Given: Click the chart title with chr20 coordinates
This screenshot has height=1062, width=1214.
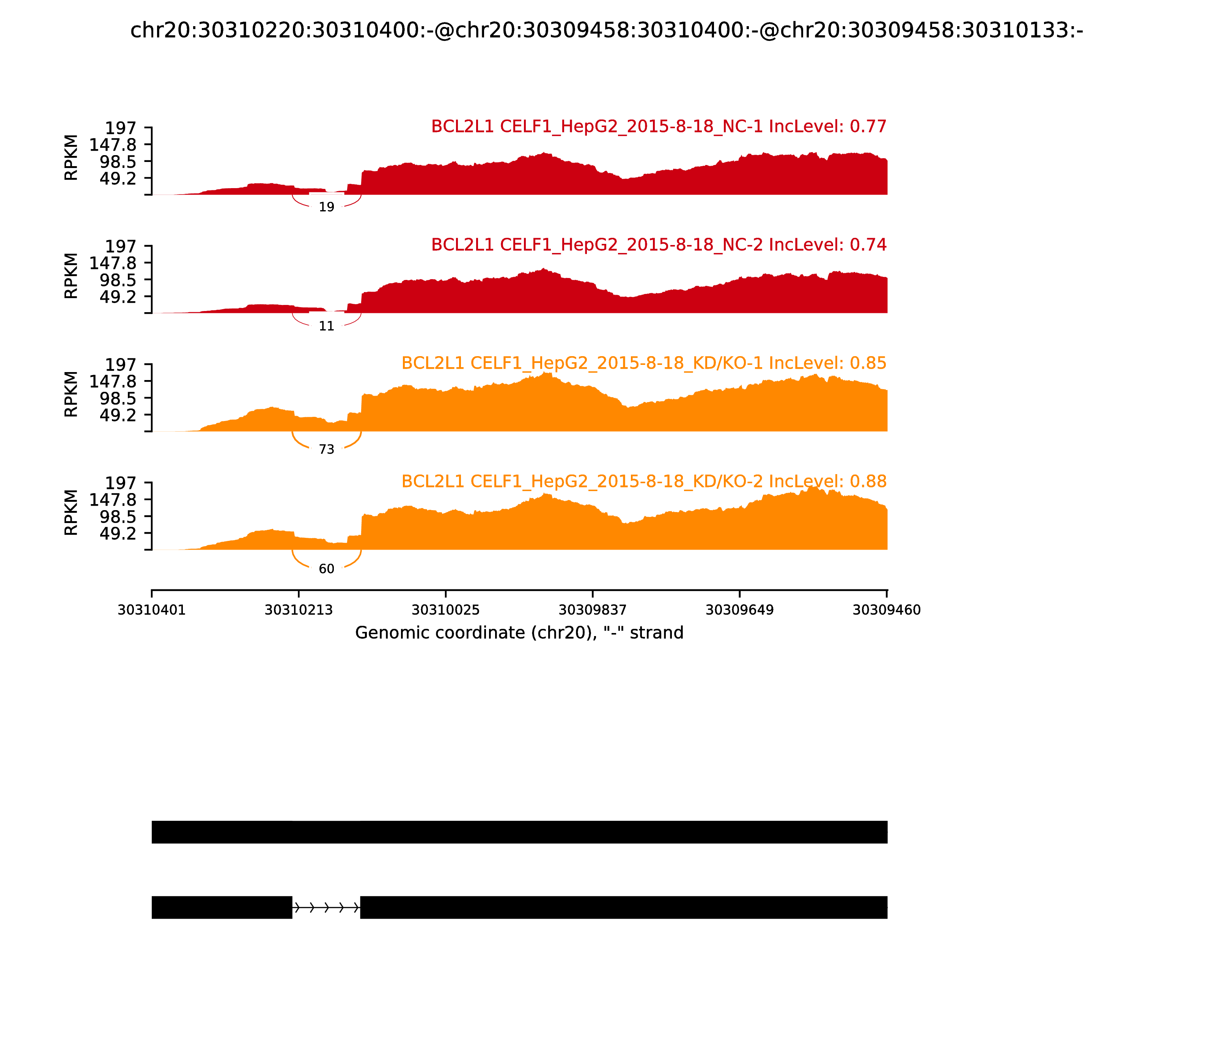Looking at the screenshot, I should click(606, 30).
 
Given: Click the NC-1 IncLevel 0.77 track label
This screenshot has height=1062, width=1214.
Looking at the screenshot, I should click(659, 127).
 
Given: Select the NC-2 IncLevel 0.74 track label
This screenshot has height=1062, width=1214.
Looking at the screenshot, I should click(659, 245).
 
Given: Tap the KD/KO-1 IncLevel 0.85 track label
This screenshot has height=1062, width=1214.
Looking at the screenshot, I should click(644, 363).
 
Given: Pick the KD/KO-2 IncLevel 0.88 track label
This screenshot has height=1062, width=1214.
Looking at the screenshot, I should click(644, 481).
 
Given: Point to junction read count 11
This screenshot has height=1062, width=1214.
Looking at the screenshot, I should click(327, 326).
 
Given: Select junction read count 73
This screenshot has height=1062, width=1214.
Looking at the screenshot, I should click(327, 450).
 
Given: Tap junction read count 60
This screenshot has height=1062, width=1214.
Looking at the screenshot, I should click(327, 569).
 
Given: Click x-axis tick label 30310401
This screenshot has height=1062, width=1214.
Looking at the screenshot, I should click(152, 610).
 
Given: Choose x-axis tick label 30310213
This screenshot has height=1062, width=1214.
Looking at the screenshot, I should click(299, 610).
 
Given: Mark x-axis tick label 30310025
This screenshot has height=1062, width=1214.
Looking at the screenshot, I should click(446, 610).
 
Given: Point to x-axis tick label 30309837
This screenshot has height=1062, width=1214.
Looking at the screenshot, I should click(593, 610).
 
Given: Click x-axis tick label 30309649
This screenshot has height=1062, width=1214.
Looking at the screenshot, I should click(740, 610).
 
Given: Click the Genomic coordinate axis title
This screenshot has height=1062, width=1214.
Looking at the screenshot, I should click(519, 633).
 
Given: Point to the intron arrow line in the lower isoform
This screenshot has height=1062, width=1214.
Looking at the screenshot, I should click(326, 907).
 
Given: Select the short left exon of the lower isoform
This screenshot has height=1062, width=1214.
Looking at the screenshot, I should click(222, 907).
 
